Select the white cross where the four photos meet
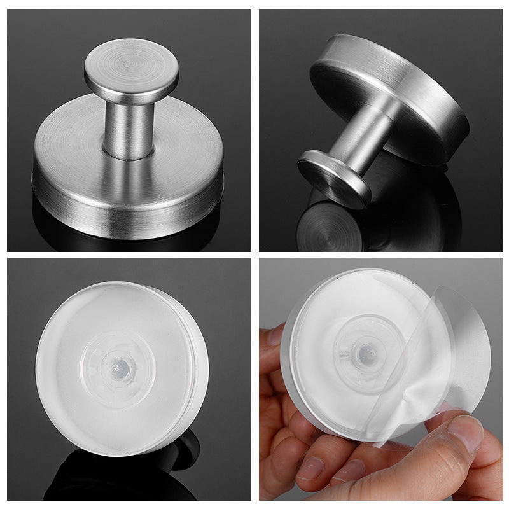point(254,254)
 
